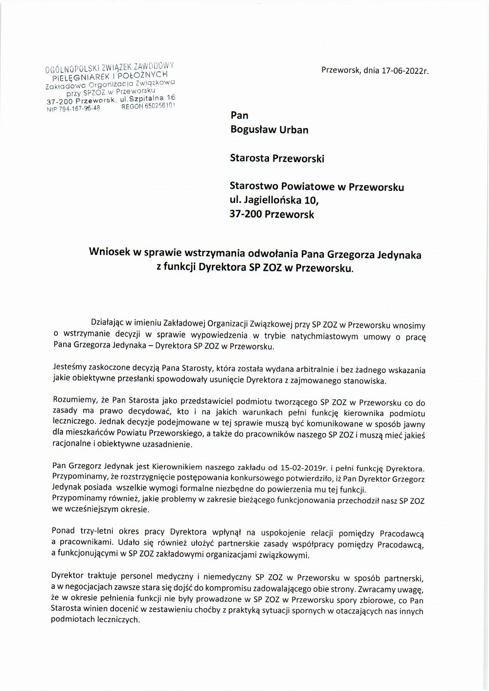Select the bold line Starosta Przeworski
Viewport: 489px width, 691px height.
(277, 158)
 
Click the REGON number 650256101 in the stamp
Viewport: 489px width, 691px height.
(148, 105)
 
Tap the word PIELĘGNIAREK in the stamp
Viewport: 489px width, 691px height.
(79, 78)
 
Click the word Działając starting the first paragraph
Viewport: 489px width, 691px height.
(107, 323)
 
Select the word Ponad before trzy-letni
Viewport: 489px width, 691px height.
(63, 531)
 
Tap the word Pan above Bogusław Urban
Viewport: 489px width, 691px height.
(239, 115)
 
